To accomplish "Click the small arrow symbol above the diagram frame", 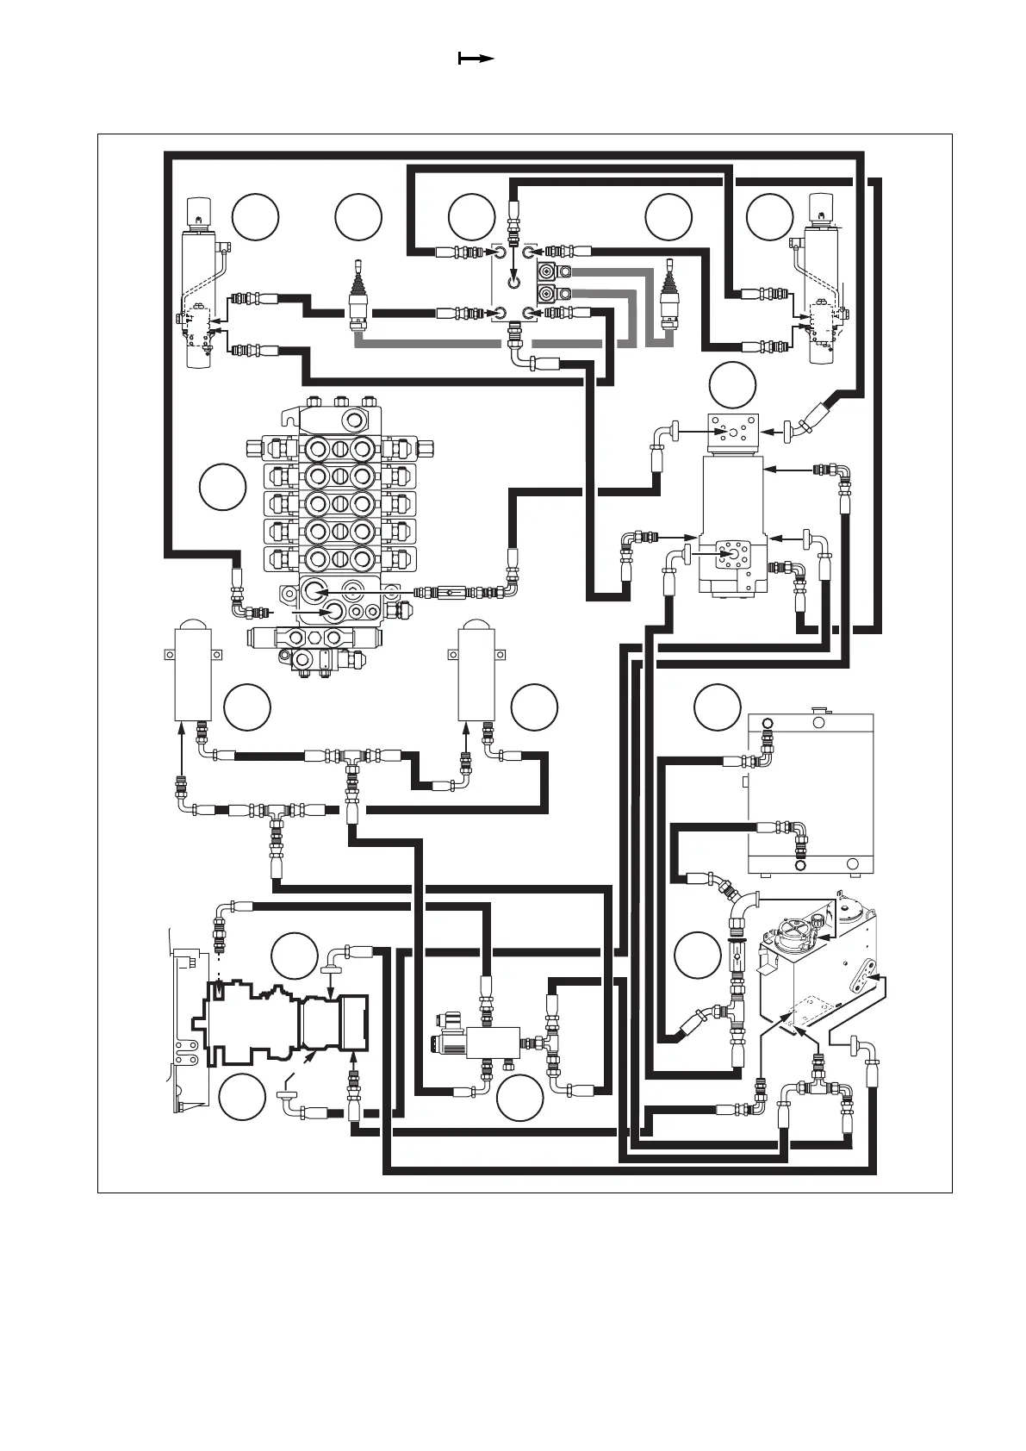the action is click(x=476, y=59).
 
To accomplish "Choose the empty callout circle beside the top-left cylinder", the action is click(x=255, y=217).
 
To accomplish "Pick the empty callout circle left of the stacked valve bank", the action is click(x=222, y=487).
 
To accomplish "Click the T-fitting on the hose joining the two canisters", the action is click(x=351, y=757).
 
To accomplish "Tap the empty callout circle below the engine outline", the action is click(x=241, y=1098).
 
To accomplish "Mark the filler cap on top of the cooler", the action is click(x=818, y=711).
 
